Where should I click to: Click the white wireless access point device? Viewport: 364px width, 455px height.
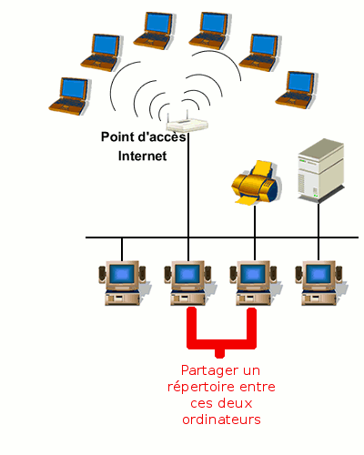(187, 124)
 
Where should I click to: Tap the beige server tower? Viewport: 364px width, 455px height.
(321, 170)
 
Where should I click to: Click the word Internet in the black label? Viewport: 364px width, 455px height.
(142, 156)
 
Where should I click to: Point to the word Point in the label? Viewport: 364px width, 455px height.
(118, 136)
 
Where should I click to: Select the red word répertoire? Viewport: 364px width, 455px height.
(200, 388)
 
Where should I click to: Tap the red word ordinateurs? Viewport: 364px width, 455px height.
(221, 420)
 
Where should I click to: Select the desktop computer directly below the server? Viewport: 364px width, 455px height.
(319, 283)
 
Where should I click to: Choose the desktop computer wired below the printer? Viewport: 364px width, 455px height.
(254, 283)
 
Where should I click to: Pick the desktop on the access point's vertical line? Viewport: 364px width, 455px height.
(188, 283)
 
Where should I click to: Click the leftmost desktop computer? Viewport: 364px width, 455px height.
(122, 283)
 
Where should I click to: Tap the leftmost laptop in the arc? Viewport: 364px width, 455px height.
(69, 96)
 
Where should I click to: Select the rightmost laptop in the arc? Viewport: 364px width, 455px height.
(296, 90)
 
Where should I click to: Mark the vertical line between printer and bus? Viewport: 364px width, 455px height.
(255, 221)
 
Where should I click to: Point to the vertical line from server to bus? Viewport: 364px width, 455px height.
(318, 220)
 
